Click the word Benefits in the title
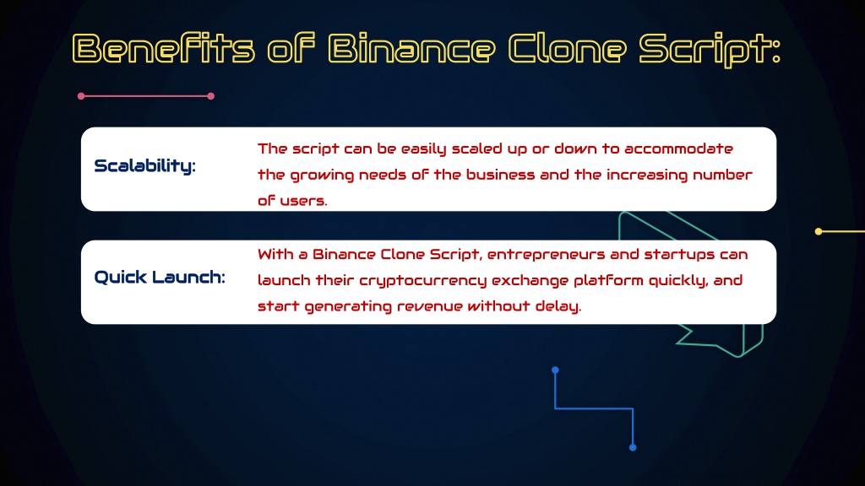164,48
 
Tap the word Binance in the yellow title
412,48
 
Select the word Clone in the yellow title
567,48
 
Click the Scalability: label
144,166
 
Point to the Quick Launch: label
160,277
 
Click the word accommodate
678,148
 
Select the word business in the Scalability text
500,175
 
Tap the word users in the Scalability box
303,201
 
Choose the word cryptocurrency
422,281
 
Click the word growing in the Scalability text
322,175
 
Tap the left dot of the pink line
81,96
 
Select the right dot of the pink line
210,96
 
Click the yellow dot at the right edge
819,231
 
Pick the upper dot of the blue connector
556,370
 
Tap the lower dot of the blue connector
633,447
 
